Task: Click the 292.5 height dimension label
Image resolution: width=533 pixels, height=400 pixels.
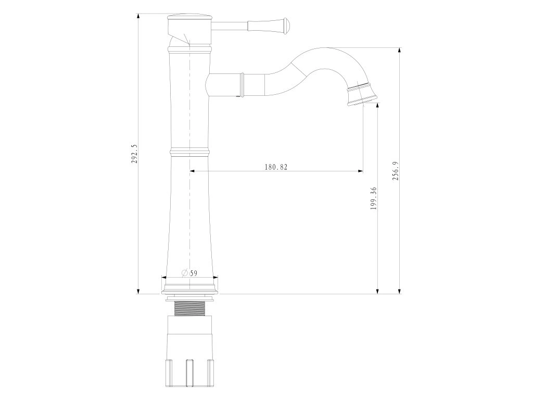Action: pos(134,154)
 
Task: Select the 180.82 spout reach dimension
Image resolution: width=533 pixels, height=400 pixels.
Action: pos(276,167)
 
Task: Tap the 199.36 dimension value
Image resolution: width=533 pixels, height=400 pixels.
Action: pos(374,198)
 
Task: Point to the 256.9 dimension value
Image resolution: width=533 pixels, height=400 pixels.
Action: pos(395,171)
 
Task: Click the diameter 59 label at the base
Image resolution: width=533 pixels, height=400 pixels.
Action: pos(189,273)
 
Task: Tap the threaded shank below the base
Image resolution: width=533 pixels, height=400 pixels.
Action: pos(189,308)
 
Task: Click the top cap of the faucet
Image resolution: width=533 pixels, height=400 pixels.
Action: pos(189,17)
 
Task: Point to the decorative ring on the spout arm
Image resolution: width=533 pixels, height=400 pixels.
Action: pos(242,84)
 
